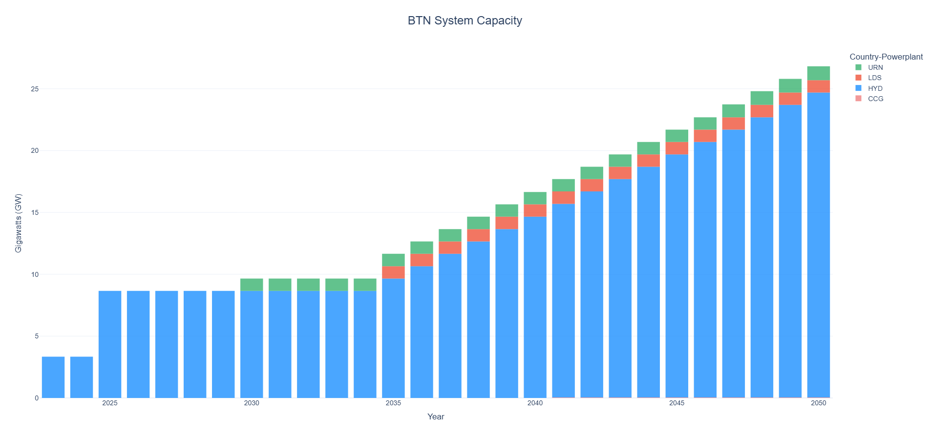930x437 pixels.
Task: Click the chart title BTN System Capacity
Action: tap(465, 21)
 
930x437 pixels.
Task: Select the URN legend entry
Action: tap(869, 67)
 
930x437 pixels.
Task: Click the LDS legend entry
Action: tap(869, 78)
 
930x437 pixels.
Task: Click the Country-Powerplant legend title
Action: tap(886, 57)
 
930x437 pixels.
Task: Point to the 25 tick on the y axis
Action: tap(35, 89)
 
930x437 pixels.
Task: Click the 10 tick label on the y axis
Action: tap(35, 274)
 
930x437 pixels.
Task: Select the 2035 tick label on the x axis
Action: tap(393, 403)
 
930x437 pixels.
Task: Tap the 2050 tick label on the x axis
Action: tap(819, 403)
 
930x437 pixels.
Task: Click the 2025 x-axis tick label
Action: tap(110, 403)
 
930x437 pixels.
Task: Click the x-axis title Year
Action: tap(436, 417)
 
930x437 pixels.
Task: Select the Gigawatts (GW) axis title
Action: tap(19, 223)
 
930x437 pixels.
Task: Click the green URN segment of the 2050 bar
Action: tap(819, 73)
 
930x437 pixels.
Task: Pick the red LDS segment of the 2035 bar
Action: tap(393, 272)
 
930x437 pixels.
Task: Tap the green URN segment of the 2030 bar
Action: tap(252, 285)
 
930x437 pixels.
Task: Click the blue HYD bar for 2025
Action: tap(110, 344)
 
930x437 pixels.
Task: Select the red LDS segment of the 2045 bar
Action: tap(677, 148)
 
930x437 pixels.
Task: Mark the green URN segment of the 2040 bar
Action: tap(535, 198)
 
